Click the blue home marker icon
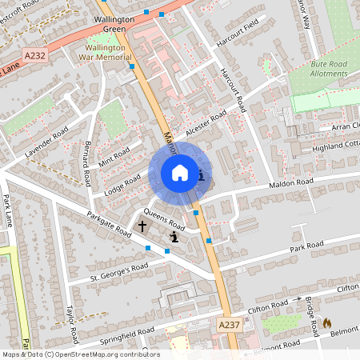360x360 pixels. (180, 173)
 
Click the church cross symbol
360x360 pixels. (142, 227)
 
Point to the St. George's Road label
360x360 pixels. (118, 272)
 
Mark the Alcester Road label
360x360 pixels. (206, 121)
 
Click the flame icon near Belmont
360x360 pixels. (326, 323)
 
